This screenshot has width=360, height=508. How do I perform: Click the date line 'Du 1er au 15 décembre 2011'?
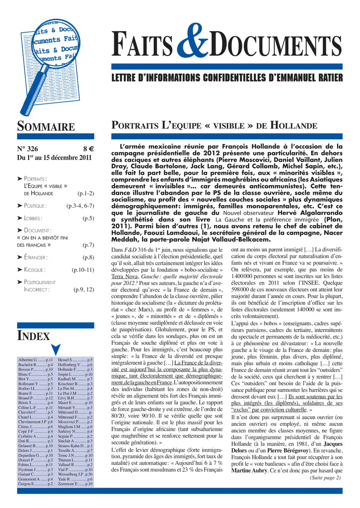coord(54,158)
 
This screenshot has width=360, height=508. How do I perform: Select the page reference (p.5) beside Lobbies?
coord(88,218)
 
